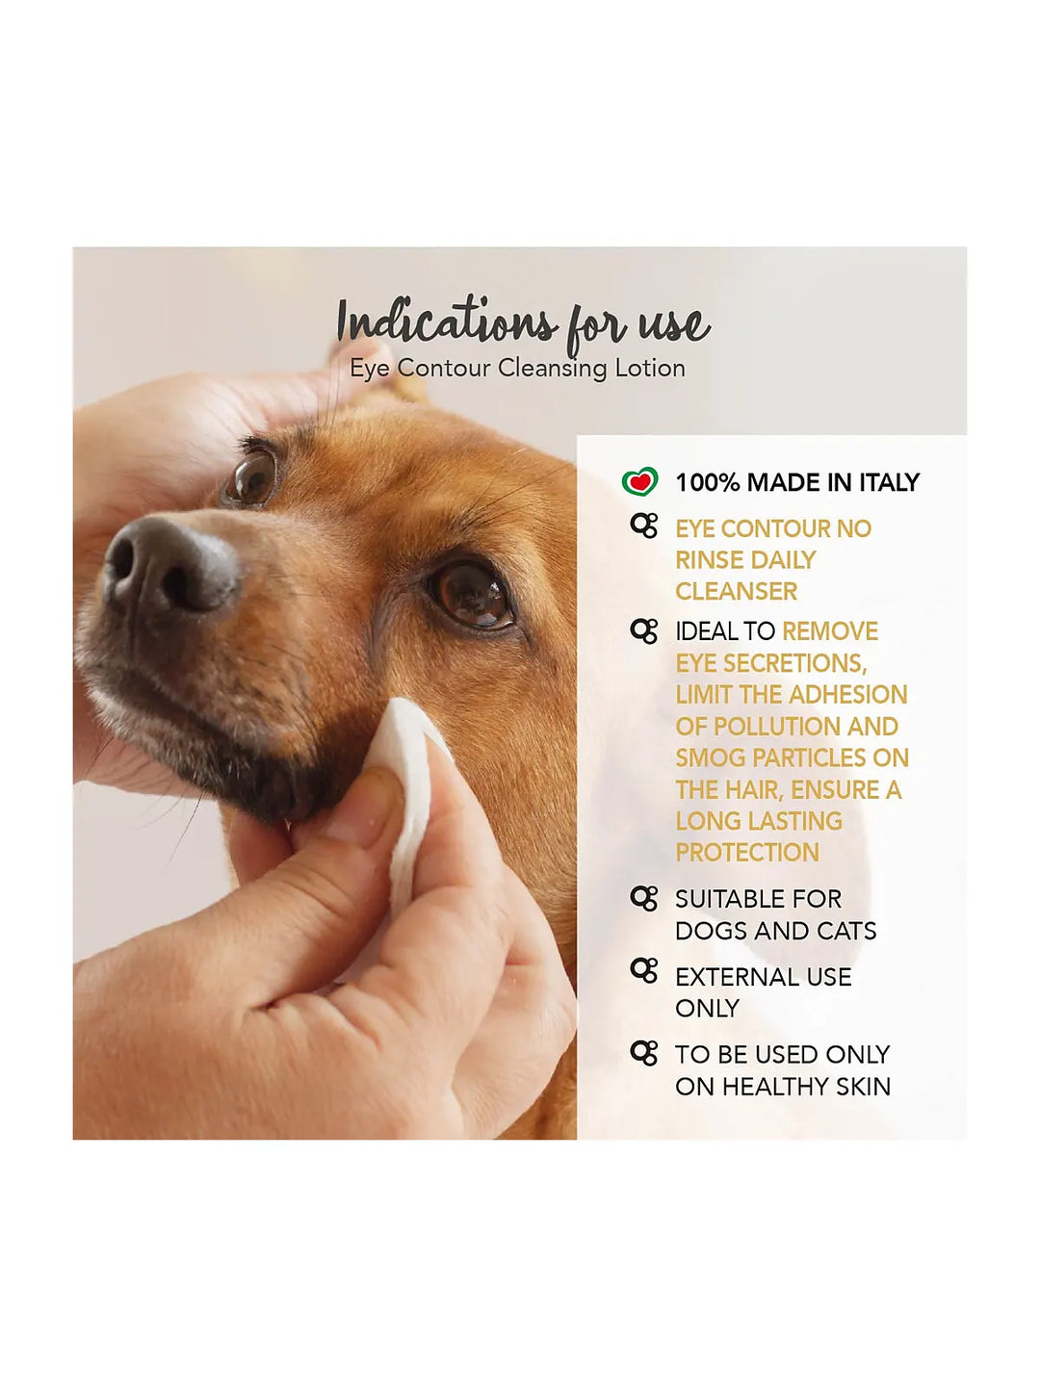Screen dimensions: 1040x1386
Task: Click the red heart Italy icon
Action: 639,481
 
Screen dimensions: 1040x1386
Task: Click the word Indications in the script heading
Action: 447,322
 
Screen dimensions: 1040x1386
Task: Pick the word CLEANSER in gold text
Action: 737,592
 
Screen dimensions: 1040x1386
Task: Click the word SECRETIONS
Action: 802,663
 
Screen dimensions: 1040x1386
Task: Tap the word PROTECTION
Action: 747,853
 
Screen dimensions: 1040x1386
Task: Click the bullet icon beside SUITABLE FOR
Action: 644,899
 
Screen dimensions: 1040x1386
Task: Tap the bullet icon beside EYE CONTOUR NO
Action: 644,526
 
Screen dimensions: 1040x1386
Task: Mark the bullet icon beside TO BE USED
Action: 644,1053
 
